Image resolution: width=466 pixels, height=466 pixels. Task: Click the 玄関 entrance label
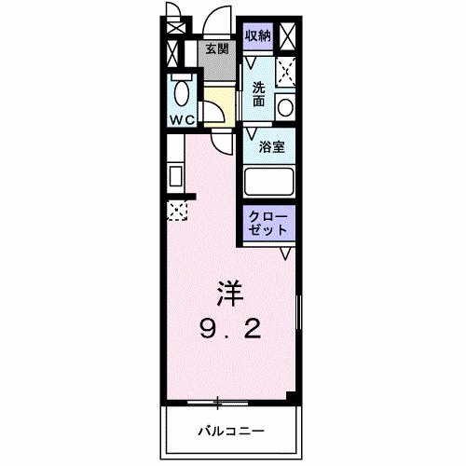(216, 48)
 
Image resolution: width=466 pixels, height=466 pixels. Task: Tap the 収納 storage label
(259, 34)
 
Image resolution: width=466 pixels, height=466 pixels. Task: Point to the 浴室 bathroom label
(272, 146)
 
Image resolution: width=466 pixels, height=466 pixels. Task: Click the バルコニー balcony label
(230, 431)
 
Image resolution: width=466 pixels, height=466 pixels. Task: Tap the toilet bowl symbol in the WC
(182, 94)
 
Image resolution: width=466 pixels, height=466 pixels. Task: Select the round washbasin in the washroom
(286, 106)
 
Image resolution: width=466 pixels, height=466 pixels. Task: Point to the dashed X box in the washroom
(286, 71)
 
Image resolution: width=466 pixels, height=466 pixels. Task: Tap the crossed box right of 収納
(289, 37)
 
